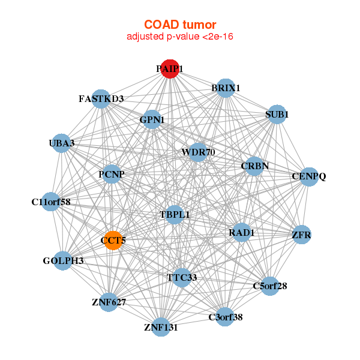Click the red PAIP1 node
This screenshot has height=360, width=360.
(x=170, y=69)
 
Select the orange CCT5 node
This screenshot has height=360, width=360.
(x=113, y=241)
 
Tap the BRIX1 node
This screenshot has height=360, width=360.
(x=225, y=88)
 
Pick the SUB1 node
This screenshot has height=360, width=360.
(x=277, y=114)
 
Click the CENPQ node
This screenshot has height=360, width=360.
(x=308, y=176)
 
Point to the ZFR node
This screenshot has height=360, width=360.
(x=301, y=235)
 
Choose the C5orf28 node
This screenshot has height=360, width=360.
(x=270, y=286)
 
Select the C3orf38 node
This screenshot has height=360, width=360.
(x=225, y=317)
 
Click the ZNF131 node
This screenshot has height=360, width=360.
(x=161, y=327)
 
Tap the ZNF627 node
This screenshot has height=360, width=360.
(x=109, y=302)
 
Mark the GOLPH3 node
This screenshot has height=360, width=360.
(x=63, y=261)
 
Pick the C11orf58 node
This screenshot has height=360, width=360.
(x=51, y=202)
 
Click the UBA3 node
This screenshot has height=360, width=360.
(x=62, y=143)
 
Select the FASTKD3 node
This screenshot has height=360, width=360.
(x=101, y=98)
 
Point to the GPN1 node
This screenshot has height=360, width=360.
(x=152, y=120)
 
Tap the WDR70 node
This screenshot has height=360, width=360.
(x=198, y=152)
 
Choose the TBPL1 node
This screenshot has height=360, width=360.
(x=175, y=214)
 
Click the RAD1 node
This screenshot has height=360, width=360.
(x=241, y=232)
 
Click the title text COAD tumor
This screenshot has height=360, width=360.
(x=179, y=25)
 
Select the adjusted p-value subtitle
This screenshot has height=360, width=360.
(x=179, y=37)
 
